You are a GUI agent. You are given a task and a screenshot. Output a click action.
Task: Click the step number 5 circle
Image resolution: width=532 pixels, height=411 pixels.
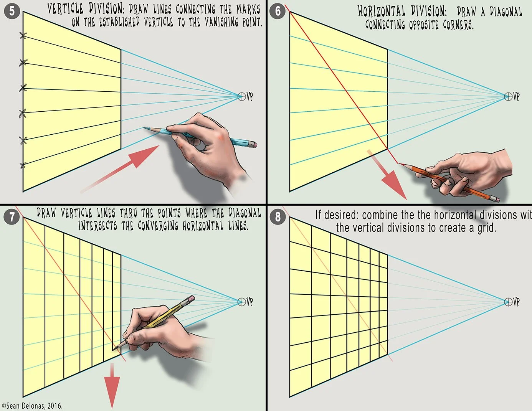pos(12,11)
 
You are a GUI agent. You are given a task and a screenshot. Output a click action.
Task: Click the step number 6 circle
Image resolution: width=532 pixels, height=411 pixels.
pos(278,11)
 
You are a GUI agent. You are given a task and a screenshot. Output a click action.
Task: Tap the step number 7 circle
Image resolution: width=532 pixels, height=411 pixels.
pos(12,217)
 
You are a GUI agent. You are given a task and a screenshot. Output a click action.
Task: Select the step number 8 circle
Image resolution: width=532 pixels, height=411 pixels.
pos(278,217)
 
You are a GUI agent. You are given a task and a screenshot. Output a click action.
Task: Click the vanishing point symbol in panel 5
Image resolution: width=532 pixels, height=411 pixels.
pos(241,96)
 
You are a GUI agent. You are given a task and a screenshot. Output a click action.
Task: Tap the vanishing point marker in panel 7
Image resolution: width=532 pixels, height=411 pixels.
pos(241,302)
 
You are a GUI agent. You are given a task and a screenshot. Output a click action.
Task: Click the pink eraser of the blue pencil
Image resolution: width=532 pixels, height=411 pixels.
pos(252,145)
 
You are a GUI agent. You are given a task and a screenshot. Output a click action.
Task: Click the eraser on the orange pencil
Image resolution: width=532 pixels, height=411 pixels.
pos(496,199)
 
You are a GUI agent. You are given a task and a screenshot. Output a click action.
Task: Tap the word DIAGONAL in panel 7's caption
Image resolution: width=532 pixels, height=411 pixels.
pos(245,213)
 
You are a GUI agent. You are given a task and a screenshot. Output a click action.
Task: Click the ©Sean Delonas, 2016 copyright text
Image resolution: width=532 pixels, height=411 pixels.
pos(32,406)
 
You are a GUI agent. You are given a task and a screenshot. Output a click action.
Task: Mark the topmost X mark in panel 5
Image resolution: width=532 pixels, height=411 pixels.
pos(23,36)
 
